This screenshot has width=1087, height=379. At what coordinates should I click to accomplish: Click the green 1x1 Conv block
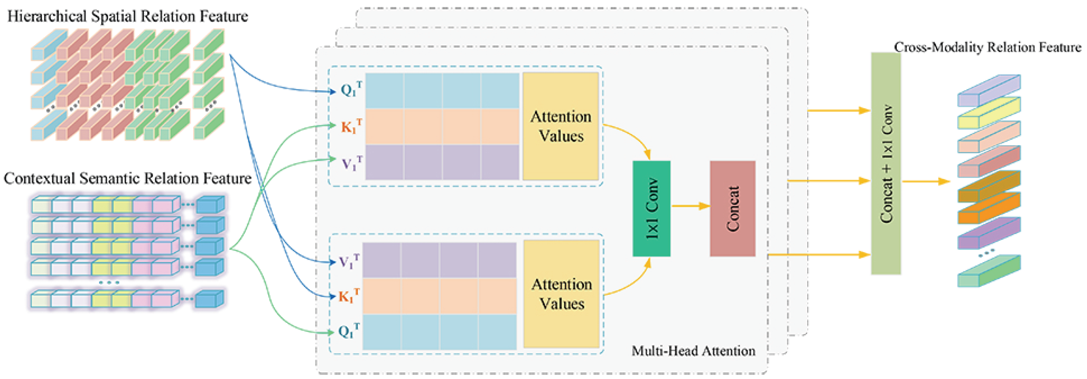651,208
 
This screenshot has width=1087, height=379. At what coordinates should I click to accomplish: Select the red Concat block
732,208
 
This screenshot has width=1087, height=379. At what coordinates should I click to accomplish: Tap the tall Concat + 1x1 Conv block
886,164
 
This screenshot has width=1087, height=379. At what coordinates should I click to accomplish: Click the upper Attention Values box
561,126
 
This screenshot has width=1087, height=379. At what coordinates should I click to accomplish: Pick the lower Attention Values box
561,293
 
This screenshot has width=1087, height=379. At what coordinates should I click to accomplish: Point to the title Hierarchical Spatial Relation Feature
127,16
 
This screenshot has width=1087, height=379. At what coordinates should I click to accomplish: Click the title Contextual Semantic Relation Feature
127,178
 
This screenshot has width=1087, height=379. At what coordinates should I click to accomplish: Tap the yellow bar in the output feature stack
989,113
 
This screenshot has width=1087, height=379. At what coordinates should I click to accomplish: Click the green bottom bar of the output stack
989,271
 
